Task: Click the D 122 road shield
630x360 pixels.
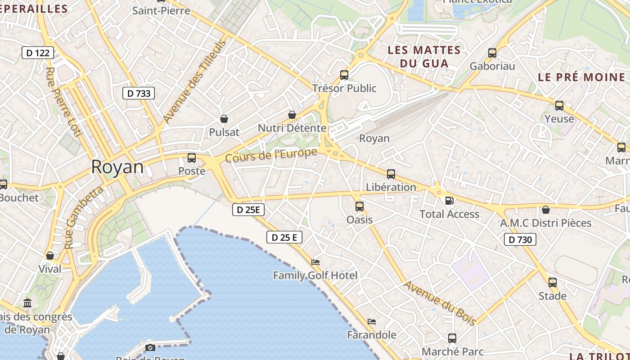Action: [38, 53]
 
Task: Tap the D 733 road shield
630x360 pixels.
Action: [139, 93]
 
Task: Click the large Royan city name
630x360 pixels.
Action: [117, 167]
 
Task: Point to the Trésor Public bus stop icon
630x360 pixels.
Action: [344, 75]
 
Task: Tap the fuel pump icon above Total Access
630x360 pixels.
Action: [449, 201]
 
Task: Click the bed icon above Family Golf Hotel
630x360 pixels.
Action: [315, 262]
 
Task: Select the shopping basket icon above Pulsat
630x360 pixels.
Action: [224, 119]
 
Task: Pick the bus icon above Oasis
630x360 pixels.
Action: [359, 207]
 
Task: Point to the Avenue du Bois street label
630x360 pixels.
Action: [439, 303]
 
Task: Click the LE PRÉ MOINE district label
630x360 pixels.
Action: [581, 77]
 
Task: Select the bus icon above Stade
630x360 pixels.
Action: [553, 283]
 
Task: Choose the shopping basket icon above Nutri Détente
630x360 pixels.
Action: [292, 115]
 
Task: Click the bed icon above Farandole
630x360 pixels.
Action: [372, 322]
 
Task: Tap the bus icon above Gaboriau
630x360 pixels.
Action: [492, 53]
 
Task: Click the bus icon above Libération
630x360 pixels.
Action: [391, 174]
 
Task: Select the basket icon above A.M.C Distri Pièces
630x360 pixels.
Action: [546, 210]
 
